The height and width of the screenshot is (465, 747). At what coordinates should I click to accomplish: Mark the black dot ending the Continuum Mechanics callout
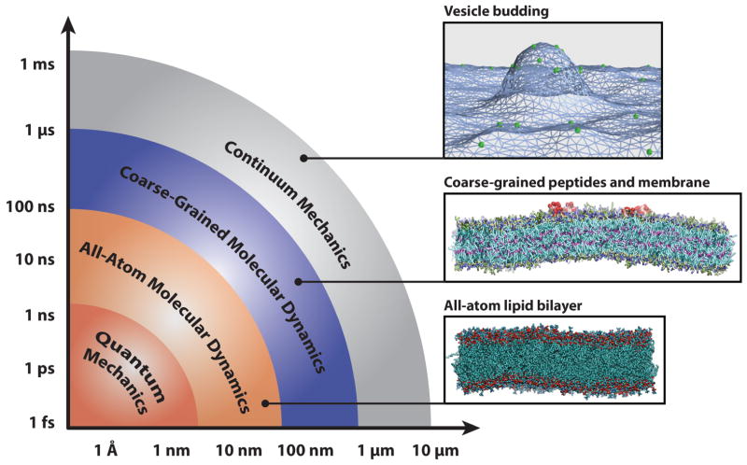click(303, 158)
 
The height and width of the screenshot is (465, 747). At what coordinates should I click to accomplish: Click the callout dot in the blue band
click(298, 280)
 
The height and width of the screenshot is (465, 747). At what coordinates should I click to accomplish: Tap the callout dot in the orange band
click(265, 404)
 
